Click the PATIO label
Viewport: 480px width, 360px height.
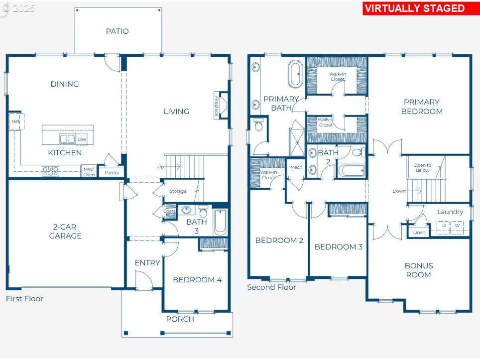(117, 31)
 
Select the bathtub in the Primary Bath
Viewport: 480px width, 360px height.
(295, 74)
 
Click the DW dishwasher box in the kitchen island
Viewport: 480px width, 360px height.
(82, 139)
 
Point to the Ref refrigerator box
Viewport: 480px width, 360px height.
(16, 121)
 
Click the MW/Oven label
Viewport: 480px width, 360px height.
(89, 172)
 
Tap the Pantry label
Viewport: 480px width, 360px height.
(112, 173)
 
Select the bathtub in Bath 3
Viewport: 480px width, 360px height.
(220, 222)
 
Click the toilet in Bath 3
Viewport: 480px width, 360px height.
(203, 212)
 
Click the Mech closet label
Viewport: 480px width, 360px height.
(296, 167)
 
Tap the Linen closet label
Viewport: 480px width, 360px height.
(419, 233)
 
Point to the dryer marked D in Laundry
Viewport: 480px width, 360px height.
(444, 228)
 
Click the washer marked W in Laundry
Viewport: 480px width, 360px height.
(458, 228)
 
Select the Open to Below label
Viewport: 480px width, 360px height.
(422, 167)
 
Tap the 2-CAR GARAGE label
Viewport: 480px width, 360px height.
(65, 232)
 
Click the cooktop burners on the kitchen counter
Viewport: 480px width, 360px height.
(50, 171)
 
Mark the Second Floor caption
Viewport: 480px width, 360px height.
(271, 287)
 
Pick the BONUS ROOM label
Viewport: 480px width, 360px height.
(419, 270)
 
